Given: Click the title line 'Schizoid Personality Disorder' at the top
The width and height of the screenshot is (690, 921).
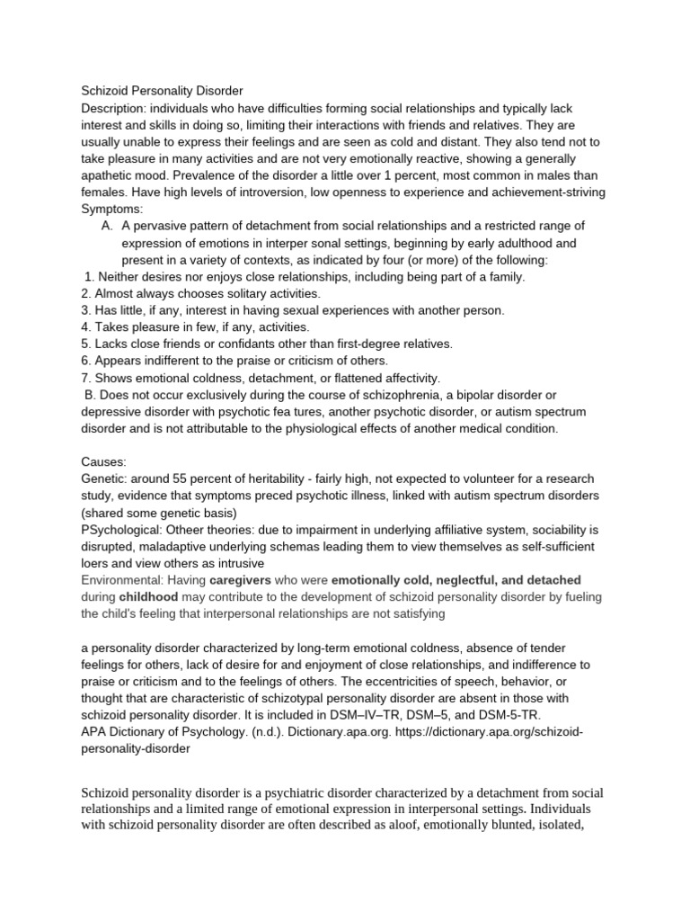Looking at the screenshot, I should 162,91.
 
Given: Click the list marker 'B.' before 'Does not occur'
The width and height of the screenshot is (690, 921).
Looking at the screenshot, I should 89,395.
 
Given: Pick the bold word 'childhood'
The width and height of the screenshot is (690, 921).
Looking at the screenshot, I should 150,597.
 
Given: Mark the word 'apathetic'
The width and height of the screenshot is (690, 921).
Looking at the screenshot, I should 108,175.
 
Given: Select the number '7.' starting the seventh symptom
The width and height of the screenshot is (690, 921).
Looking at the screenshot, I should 86,378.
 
